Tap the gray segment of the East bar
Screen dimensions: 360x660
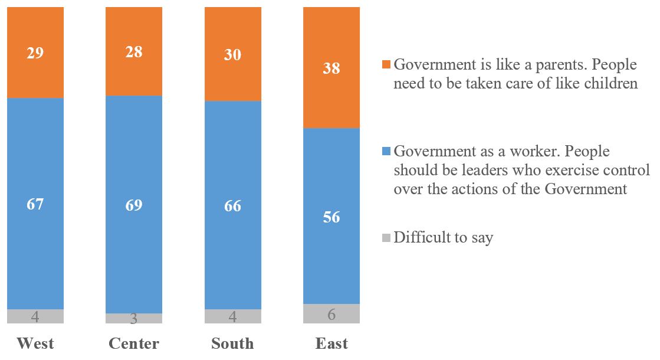(x=331, y=313)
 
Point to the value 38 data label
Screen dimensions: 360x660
(x=331, y=68)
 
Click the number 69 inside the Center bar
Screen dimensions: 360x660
(x=134, y=205)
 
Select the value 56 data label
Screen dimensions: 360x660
(x=331, y=217)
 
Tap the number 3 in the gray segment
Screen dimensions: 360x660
(x=134, y=319)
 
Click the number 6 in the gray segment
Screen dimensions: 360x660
(x=331, y=315)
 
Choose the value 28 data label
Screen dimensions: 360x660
(x=134, y=52)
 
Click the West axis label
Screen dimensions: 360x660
(x=35, y=343)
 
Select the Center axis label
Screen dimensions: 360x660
(x=134, y=343)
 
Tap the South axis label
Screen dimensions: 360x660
(x=233, y=343)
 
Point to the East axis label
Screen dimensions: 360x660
(x=331, y=343)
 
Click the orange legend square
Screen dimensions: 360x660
(x=386, y=64)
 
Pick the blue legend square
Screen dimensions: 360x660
(x=386, y=152)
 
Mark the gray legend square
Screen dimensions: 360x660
(x=386, y=238)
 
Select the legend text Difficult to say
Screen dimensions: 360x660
(x=444, y=238)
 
